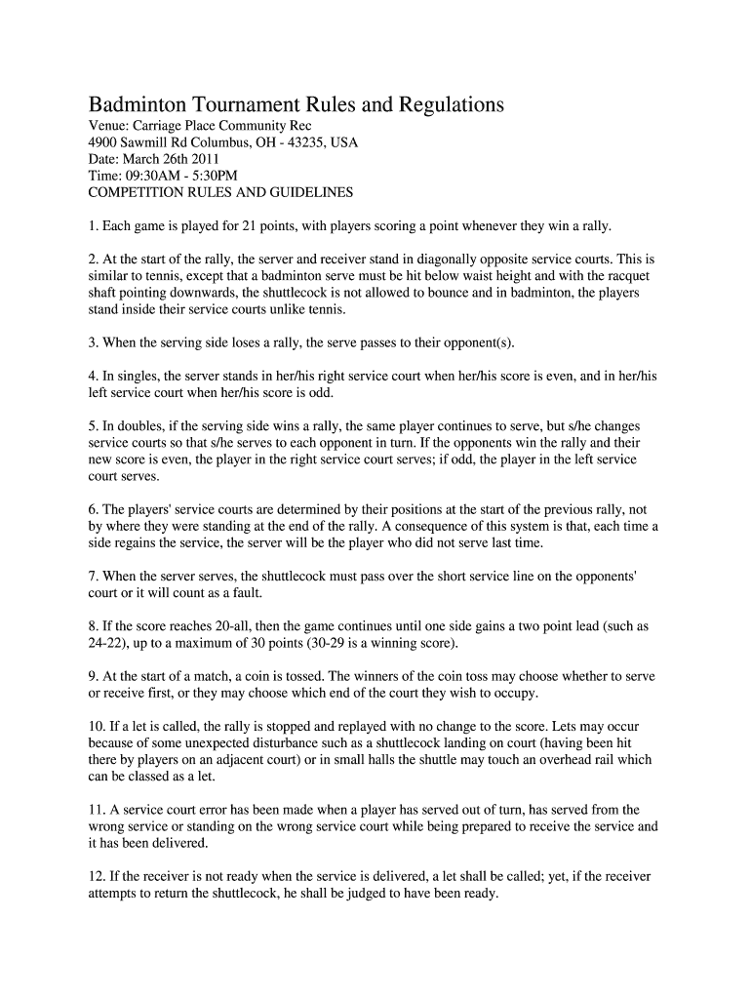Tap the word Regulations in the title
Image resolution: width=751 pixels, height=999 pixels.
pos(445,105)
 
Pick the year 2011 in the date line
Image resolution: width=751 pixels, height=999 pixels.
pos(205,159)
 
